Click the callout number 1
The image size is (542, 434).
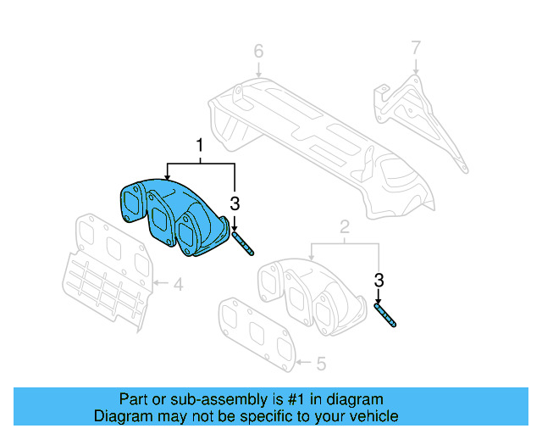click(x=200, y=145)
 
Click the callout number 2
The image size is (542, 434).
click(x=345, y=226)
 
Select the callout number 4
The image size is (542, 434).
click(x=178, y=285)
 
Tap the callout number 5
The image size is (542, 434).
click(x=321, y=364)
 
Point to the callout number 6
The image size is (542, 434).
click(x=259, y=53)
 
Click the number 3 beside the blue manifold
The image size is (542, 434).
click(x=235, y=203)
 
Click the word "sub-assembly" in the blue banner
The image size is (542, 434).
click(x=192, y=399)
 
